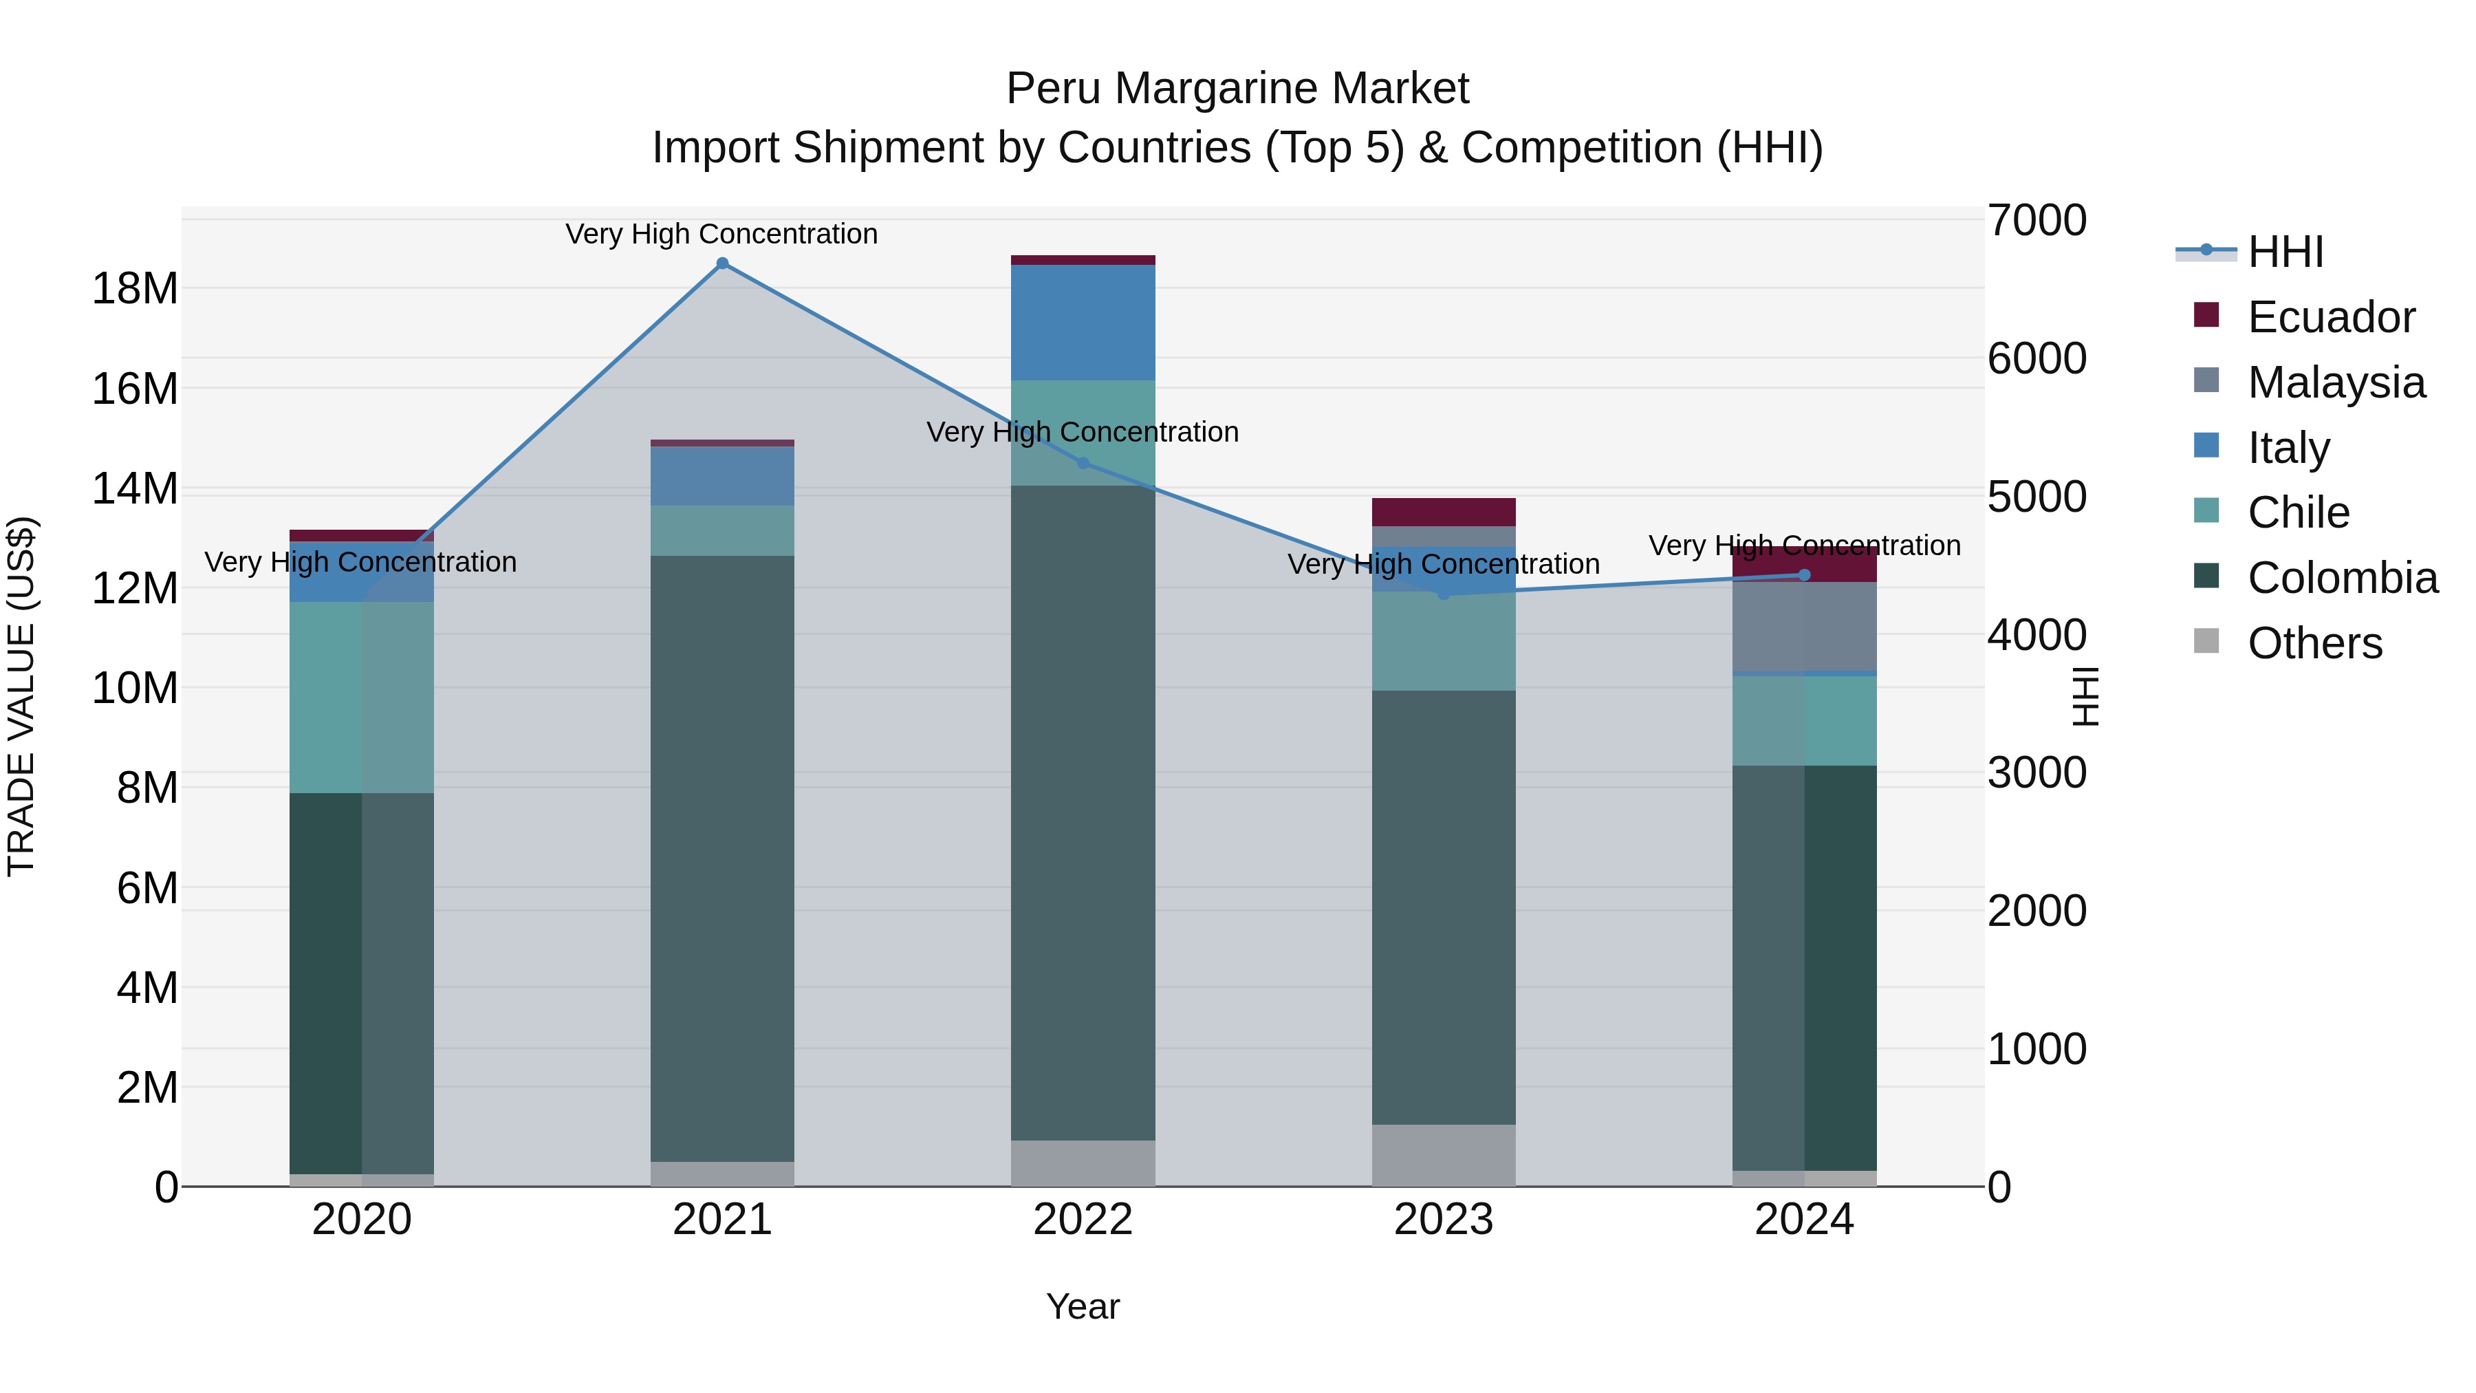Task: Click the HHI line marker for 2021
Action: tap(722, 263)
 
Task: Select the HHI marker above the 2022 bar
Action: tap(1083, 464)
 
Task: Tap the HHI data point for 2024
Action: tap(1804, 575)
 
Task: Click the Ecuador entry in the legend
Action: tap(2330, 317)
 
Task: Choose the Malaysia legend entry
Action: tap(2336, 382)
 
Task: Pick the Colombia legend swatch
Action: tap(2207, 577)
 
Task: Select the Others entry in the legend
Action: tap(2314, 643)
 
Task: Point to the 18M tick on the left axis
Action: tap(135, 288)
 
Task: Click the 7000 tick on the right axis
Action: tap(2037, 220)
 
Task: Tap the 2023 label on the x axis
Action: tap(1443, 1220)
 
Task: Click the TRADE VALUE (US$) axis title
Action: tap(21, 696)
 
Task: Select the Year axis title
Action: tap(1083, 1306)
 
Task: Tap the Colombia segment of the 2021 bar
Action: tap(722, 858)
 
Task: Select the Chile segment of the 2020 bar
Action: tap(361, 697)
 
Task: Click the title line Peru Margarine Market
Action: tap(1237, 89)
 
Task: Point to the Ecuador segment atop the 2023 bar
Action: tap(1443, 511)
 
